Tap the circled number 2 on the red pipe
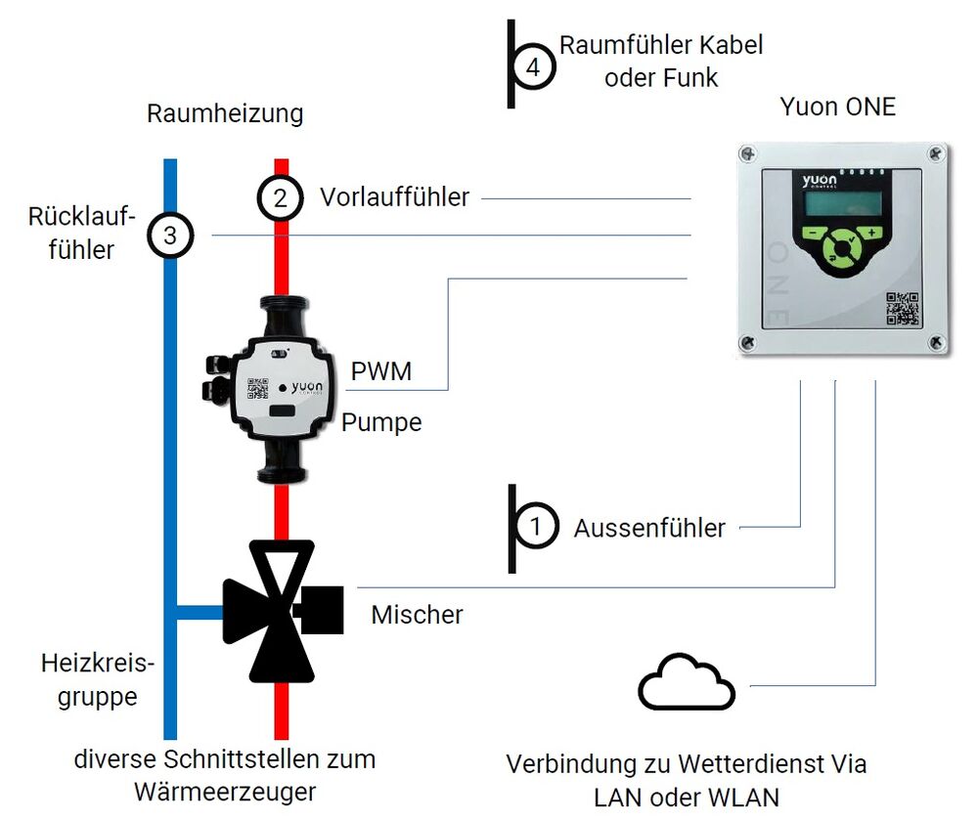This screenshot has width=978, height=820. coord(280,197)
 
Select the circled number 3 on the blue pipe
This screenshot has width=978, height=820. coord(170,236)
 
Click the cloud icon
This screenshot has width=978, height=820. coord(687,681)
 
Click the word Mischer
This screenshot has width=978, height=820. coord(417,615)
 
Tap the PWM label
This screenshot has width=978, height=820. coord(380,371)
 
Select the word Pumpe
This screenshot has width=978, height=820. coord(381,422)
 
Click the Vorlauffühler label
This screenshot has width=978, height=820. coord(394,197)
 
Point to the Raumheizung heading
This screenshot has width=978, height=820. coord(225,113)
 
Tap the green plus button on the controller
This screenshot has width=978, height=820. coord(870,234)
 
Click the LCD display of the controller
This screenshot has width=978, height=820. coord(837,204)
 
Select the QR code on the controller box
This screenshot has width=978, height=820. coord(903,308)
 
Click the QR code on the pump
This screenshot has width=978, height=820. coord(258,388)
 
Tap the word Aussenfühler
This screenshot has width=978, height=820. coord(649,529)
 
